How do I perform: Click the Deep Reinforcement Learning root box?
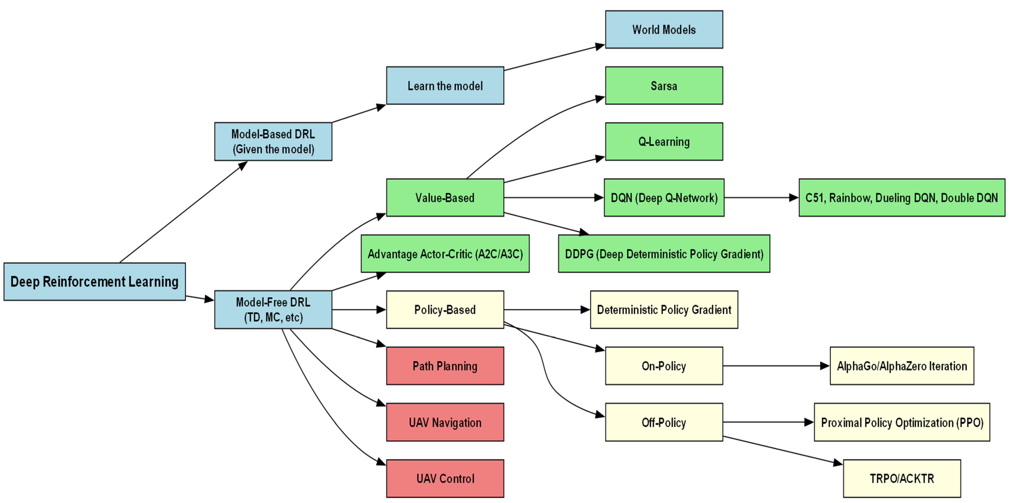click(x=94, y=282)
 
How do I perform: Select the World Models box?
click(x=664, y=30)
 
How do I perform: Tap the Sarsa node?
click(x=664, y=85)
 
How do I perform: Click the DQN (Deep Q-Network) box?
click(x=664, y=198)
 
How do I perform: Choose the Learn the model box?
click(x=445, y=85)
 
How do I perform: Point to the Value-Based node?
click(x=445, y=198)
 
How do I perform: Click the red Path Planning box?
click(x=445, y=366)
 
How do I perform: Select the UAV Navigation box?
click(x=445, y=422)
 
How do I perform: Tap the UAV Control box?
click(x=445, y=478)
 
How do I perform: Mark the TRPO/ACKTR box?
click(x=902, y=478)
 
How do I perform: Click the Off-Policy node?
click(x=664, y=422)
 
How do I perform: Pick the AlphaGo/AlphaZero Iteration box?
click(x=902, y=366)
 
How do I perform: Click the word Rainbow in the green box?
click(x=850, y=198)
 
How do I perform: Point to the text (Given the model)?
click(x=273, y=149)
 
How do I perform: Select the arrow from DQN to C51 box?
click(x=761, y=198)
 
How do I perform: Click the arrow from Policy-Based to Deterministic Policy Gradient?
click(x=547, y=310)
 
